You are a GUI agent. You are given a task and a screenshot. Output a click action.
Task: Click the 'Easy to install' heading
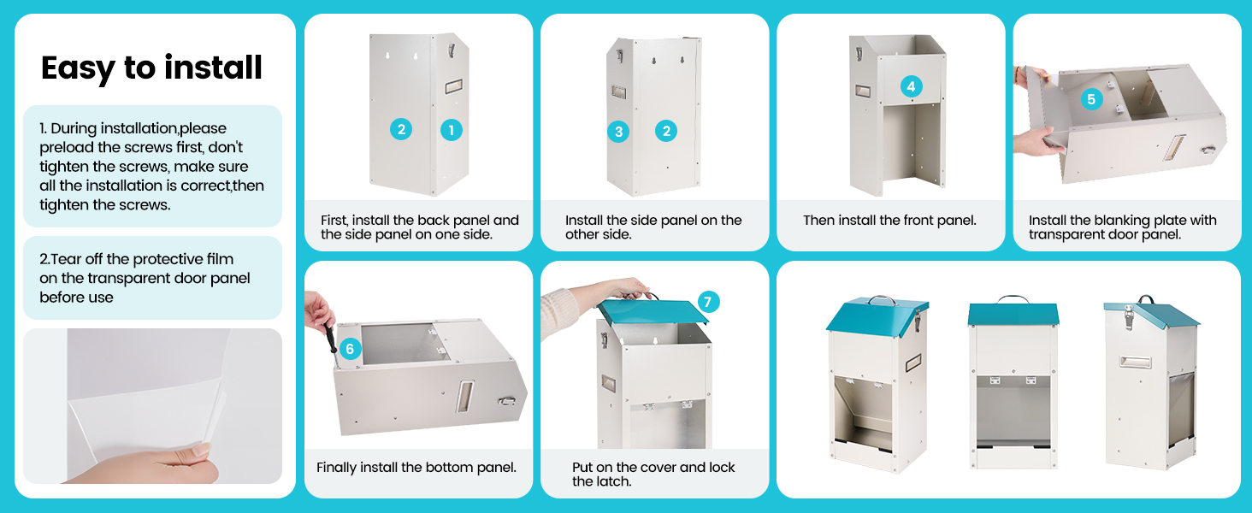point(151,68)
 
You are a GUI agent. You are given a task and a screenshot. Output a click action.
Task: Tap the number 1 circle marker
point(452,130)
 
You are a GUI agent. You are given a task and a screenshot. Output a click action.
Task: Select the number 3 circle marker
point(618,131)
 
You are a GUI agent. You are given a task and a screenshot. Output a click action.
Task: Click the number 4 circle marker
point(911,86)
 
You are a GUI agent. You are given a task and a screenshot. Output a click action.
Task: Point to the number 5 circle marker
point(1090,99)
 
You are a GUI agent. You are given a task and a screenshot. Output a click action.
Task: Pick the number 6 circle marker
point(349,349)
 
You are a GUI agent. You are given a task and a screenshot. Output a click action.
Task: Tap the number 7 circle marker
point(708,302)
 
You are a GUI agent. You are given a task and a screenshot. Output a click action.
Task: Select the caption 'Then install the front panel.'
point(889,221)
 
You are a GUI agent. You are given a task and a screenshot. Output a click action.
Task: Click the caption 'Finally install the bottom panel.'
point(416,468)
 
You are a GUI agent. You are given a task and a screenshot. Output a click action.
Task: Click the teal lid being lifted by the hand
point(653,311)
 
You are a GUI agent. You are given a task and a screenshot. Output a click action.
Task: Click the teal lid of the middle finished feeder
point(1013,314)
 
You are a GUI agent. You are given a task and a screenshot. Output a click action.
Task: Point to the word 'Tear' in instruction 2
point(68,259)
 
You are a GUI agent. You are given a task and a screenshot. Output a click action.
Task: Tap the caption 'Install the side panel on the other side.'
point(653,227)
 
